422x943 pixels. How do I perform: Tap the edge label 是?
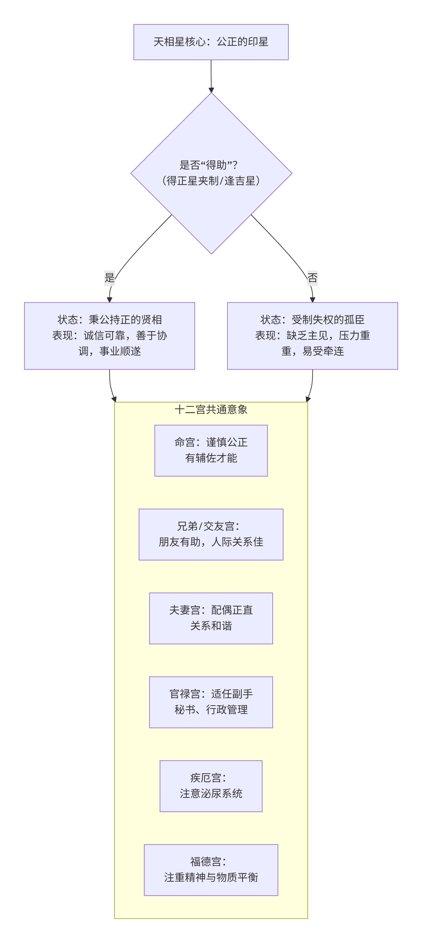click(x=109, y=277)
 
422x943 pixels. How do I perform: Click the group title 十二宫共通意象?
click(x=211, y=410)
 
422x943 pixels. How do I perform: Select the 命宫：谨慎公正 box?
click(x=211, y=450)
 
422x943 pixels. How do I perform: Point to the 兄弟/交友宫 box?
click(x=211, y=534)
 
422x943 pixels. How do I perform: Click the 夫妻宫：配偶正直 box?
click(x=211, y=618)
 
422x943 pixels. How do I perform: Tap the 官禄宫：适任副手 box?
click(x=211, y=702)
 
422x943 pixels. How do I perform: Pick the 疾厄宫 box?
click(x=211, y=786)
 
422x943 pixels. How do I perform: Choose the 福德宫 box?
click(x=211, y=869)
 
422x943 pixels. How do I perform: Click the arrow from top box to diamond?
click(x=211, y=75)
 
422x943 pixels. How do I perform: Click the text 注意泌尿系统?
click(x=211, y=794)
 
